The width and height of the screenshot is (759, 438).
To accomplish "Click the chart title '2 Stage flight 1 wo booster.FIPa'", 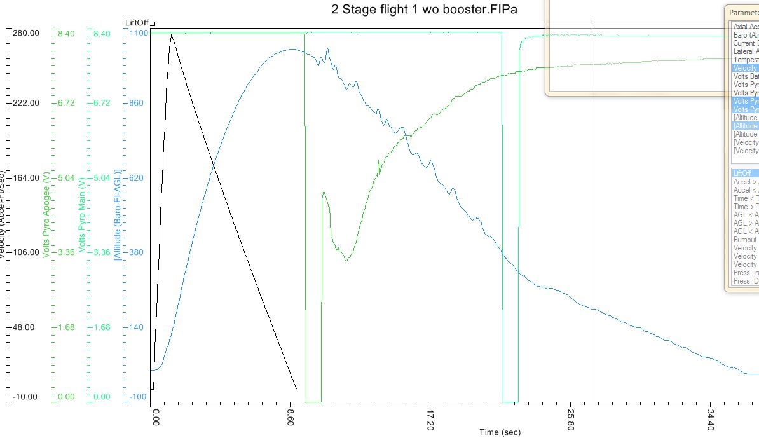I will click(425, 10).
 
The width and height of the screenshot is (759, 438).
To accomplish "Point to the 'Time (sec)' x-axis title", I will click(500, 432).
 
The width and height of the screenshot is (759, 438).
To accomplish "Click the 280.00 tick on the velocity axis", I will click(26, 33).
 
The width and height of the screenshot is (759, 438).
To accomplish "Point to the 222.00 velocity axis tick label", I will click(26, 103).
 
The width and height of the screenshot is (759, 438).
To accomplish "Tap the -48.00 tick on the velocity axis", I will click(26, 327).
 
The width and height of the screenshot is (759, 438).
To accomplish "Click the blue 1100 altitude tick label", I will click(139, 33).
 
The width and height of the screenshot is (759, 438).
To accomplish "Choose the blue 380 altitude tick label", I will click(137, 252).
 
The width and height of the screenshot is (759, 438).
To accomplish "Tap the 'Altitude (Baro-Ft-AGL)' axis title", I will click(118, 214).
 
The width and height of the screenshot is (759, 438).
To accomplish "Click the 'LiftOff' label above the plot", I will click(137, 23).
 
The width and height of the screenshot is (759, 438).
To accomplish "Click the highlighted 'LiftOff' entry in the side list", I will click(742, 174).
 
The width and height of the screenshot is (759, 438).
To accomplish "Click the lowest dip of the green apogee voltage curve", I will click(346, 260).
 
